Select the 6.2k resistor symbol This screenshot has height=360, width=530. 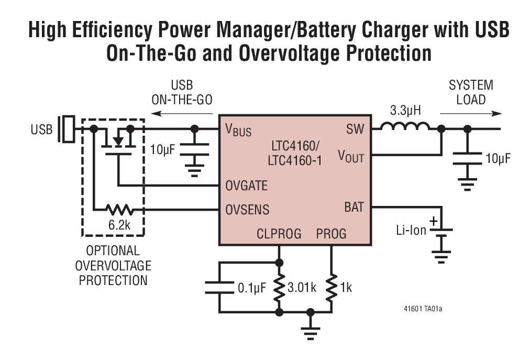pyautogui.click(x=119, y=210)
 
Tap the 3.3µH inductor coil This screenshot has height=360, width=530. pyautogui.click(x=405, y=127)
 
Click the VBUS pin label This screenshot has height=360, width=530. pyautogui.click(x=238, y=130)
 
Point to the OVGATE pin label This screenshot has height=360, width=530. pyautogui.click(x=246, y=186)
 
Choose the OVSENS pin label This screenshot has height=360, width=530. pyautogui.click(x=247, y=210)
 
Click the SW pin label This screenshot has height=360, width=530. pyautogui.click(x=354, y=129)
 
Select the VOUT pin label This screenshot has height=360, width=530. pyautogui.click(x=350, y=156)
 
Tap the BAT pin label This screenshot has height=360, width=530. pyautogui.click(x=354, y=206)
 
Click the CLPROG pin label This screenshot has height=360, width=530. pyautogui.click(x=279, y=233)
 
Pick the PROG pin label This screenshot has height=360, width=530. pyautogui.click(x=331, y=233)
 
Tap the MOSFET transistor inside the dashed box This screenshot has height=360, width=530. pyautogui.click(x=119, y=141)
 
